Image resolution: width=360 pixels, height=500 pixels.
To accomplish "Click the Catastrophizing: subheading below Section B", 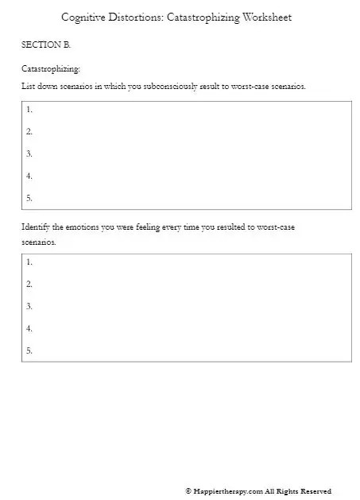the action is pyautogui.click(x=50, y=69).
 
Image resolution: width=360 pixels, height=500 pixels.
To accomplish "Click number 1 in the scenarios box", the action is pyautogui.click(x=29, y=109).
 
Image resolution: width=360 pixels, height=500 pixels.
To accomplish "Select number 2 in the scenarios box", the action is pyautogui.click(x=29, y=131).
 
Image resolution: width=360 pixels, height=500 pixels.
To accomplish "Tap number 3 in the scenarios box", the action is pyautogui.click(x=29, y=153).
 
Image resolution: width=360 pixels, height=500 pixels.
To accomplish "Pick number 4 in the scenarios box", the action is pyautogui.click(x=29, y=176).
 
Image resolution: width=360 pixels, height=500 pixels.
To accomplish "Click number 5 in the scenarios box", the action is pyautogui.click(x=29, y=198).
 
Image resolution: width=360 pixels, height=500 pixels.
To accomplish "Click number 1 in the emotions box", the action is pyautogui.click(x=29, y=262).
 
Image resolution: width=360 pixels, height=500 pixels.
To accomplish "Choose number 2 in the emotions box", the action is pyautogui.click(x=29, y=284).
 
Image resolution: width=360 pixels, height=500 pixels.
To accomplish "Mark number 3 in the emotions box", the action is pyautogui.click(x=29, y=306).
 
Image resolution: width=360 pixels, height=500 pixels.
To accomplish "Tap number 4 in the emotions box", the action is pyautogui.click(x=29, y=328).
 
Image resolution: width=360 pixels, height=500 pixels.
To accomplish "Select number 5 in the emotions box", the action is pyautogui.click(x=29, y=351).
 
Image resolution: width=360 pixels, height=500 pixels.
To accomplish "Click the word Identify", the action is pyautogui.click(x=36, y=227).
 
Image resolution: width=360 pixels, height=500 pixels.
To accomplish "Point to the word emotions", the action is pyautogui.click(x=83, y=227).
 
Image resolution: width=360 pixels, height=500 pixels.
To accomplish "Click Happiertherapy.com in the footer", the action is pyautogui.click(x=228, y=491).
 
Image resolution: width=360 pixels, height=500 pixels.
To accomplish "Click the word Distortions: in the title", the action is pyautogui.click(x=137, y=17).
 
